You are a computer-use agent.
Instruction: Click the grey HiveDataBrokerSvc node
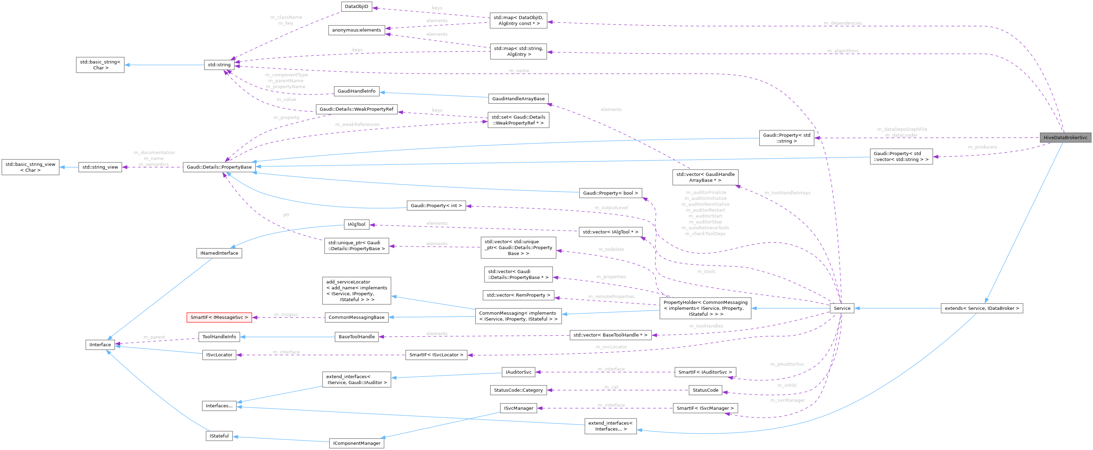1065,137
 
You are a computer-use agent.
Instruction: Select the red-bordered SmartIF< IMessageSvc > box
219,317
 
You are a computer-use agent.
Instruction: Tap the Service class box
842,308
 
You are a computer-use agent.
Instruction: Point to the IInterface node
100,345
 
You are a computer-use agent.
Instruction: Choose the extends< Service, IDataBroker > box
981,308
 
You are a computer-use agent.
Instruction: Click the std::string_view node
100,167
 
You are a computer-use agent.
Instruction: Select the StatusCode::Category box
518,390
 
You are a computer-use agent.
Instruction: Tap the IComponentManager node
356,443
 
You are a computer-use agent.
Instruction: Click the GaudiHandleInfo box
356,91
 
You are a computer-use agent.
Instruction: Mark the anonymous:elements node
356,30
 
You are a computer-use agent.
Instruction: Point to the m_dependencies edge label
843,23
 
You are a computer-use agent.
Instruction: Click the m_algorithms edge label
843,51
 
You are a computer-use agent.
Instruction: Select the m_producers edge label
982,147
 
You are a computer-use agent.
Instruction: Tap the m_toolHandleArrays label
787,193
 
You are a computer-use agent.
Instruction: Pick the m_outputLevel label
611,207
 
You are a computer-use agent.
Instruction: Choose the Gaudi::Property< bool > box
610,193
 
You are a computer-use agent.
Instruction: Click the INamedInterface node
219,253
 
